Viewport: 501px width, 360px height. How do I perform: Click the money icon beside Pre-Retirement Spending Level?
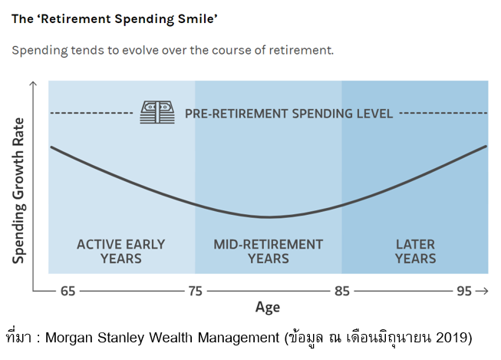[x=157, y=113]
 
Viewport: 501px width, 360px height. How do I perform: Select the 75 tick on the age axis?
[x=195, y=292]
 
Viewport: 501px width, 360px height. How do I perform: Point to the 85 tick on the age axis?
[x=341, y=292]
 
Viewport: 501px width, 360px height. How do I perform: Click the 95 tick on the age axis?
[x=463, y=292]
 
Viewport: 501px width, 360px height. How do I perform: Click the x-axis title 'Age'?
[x=268, y=308]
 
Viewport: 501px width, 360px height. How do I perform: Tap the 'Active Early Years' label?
[x=121, y=251]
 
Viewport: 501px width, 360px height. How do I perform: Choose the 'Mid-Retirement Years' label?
[x=268, y=251]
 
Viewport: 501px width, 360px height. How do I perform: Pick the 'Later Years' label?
[x=415, y=251]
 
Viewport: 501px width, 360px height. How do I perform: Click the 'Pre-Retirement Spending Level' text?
[x=288, y=114]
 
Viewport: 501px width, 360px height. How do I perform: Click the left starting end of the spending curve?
[x=51, y=146]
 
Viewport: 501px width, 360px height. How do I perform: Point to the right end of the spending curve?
[x=486, y=146]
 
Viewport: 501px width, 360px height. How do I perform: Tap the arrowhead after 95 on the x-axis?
[x=483, y=292]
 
